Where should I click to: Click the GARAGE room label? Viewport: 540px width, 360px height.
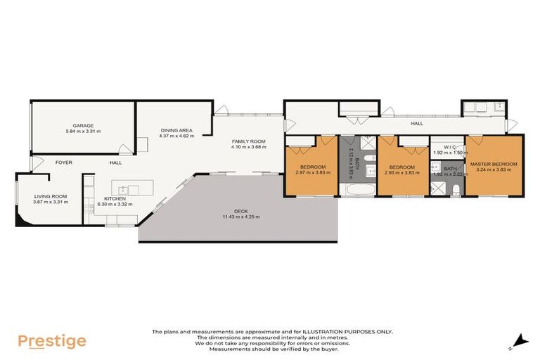(x=83, y=125)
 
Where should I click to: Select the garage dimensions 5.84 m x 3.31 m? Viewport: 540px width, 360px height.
(x=83, y=131)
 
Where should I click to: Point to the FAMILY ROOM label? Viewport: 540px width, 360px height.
(x=247, y=141)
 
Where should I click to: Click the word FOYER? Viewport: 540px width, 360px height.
(x=65, y=162)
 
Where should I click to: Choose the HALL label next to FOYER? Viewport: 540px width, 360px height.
(x=115, y=162)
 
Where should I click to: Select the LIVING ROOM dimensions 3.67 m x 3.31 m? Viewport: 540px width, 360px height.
(x=51, y=202)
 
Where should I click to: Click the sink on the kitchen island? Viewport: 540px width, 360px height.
(x=122, y=189)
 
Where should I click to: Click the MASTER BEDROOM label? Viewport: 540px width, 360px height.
(x=494, y=164)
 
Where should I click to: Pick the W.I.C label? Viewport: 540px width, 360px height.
(x=440, y=148)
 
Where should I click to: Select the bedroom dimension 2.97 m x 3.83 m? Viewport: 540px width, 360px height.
(x=312, y=172)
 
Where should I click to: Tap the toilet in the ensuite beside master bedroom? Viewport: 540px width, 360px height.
(x=455, y=188)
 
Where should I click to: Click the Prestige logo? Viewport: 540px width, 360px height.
(x=52, y=342)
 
